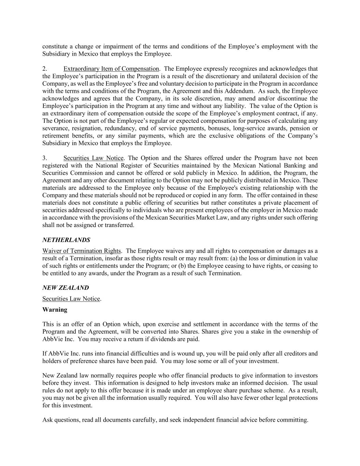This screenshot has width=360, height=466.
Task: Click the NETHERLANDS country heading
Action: click(66, 240)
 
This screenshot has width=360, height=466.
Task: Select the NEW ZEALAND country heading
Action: click(66, 288)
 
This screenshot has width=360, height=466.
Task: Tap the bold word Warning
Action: click(55, 310)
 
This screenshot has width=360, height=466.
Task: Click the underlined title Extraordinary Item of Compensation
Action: click(111, 69)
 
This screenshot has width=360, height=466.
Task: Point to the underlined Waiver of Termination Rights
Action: click(82, 251)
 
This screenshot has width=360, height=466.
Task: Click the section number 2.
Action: click(45, 69)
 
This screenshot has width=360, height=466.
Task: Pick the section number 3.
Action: click(45, 158)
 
